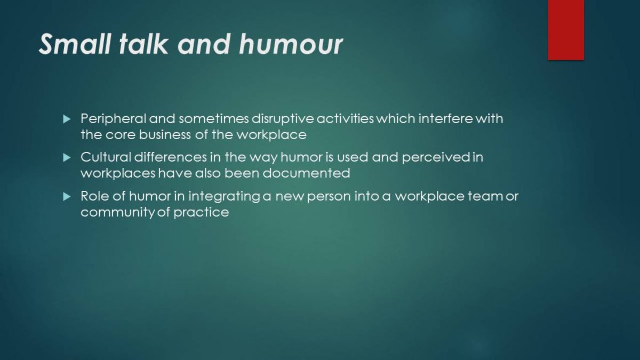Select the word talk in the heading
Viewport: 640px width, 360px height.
click(x=143, y=44)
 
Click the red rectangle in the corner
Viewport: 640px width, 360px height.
click(x=566, y=30)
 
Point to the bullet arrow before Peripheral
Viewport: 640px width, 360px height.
click(x=67, y=119)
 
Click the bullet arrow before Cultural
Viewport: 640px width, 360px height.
click(x=67, y=157)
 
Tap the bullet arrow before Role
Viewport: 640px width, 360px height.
click(x=67, y=196)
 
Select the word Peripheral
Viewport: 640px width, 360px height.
click(x=114, y=119)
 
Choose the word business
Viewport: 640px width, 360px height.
click(x=165, y=134)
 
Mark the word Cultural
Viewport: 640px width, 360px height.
click(x=106, y=157)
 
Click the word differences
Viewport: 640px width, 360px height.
click(x=170, y=157)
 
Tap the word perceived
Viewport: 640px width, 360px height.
click(x=436, y=157)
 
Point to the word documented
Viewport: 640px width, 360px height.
click(x=306, y=173)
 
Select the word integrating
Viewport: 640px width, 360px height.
click(x=225, y=196)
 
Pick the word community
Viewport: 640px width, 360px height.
click(x=118, y=212)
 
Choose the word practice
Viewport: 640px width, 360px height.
click(x=201, y=212)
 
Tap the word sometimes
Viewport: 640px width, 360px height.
click(x=214, y=118)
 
